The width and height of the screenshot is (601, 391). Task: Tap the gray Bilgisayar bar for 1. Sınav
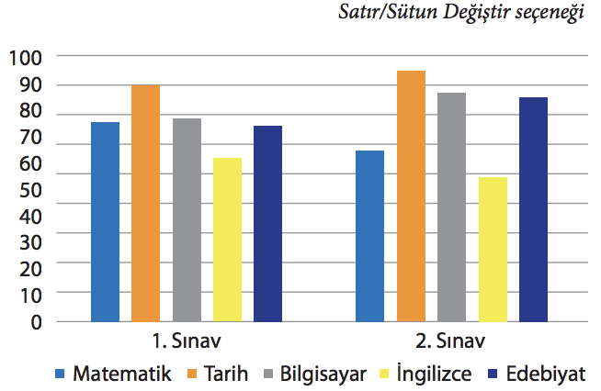point(187,220)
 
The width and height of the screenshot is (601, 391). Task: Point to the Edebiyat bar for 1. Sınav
point(267,224)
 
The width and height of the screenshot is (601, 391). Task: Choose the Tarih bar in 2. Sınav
point(411,196)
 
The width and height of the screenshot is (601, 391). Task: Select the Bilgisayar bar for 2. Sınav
point(451,207)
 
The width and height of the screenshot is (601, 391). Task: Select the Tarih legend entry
point(217,374)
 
